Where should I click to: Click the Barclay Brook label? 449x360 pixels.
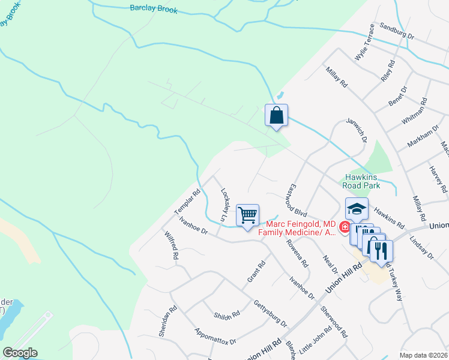point(154,8)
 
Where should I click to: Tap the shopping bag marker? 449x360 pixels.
point(277,115)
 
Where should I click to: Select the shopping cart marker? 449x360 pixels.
point(247,215)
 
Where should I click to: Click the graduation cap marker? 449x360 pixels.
point(357,209)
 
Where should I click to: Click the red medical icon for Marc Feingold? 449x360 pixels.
point(345,227)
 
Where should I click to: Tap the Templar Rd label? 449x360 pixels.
point(187,203)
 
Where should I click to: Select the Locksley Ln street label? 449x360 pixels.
point(226,206)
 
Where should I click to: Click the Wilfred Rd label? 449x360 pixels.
point(170,246)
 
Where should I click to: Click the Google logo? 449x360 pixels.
point(20,353)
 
